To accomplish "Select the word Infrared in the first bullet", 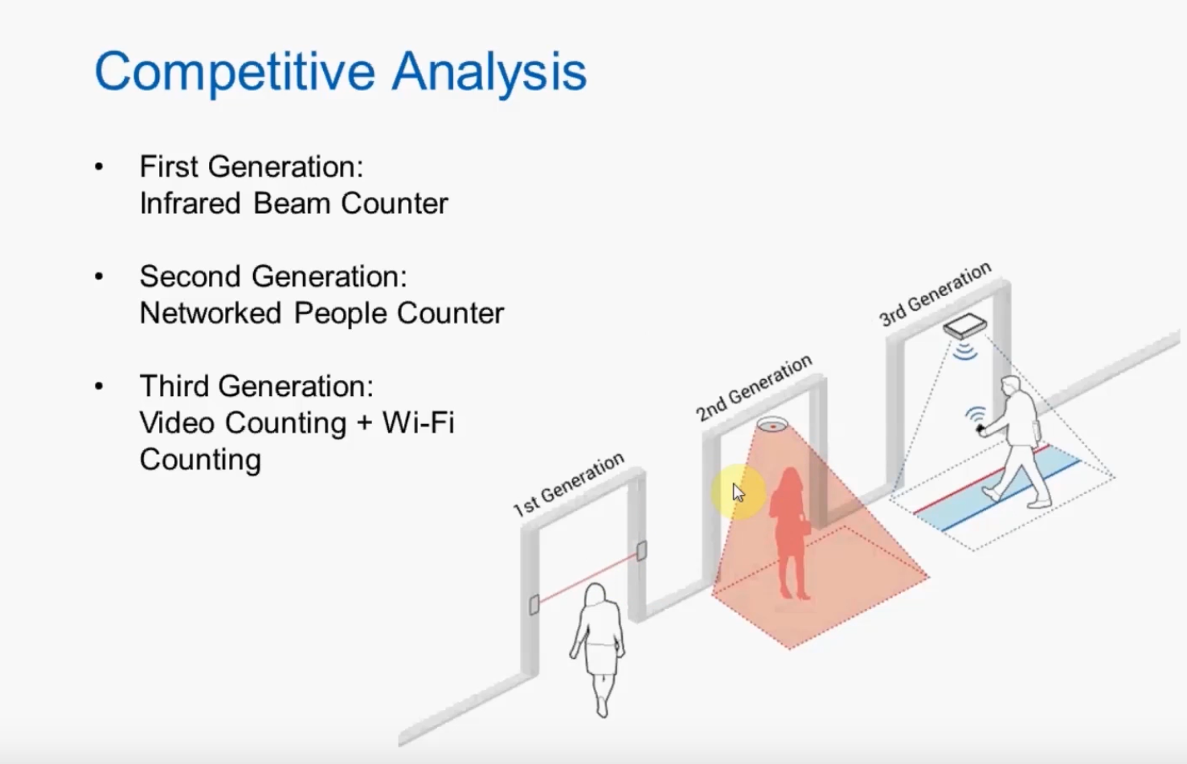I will pos(190,203).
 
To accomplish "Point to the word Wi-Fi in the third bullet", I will pos(418,423).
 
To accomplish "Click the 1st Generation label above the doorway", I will pos(568,484).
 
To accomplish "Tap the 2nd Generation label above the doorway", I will pos(753,388).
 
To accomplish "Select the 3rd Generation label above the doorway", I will pos(935,294).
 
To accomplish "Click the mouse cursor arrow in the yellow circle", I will pos(738,492).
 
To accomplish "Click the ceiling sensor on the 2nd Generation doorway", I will pos(772,423).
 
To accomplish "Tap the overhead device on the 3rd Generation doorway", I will pos(964,326).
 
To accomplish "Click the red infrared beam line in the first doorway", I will pos(587,578).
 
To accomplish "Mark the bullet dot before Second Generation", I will pos(99,277).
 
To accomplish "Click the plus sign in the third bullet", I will pos(364,423).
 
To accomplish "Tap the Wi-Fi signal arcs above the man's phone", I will pos(976,415).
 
